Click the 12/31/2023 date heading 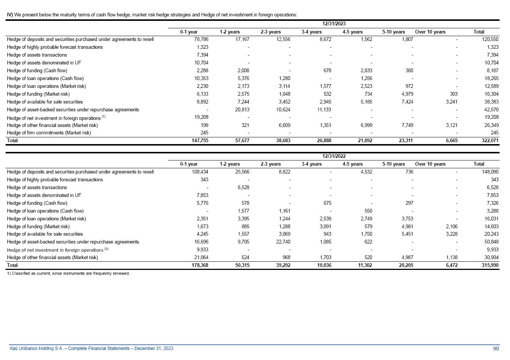(x=334, y=24)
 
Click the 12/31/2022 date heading (x=334, y=156)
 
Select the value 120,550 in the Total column (x=490, y=39)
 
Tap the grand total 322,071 (x=490, y=141)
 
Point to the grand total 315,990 (x=490, y=265)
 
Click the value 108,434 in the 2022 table (x=200, y=172)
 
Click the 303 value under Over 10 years (x=453, y=94)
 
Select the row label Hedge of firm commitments (x=49, y=133)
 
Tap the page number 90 (x=496, y=348)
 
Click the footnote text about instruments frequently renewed (x=68, y=274)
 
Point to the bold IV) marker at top (x=10, y=15)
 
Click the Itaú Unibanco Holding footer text (x=91, y=348)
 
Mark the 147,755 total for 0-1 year (x=200, y=141)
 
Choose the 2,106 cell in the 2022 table (x=452, y=227)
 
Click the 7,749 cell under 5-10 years (x=407, y=125)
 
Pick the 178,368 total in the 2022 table (x=200, y=265)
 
